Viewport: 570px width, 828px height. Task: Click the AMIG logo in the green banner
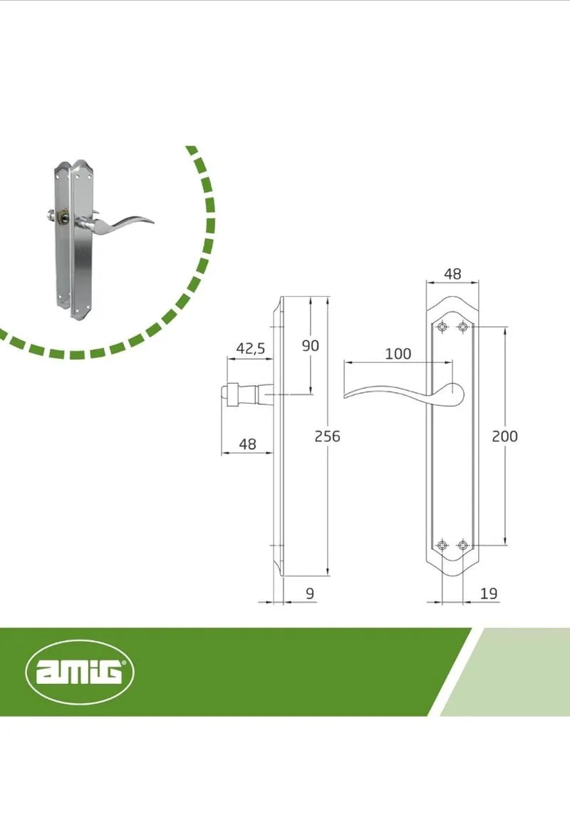(x=80, y=673)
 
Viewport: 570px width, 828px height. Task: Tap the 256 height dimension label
(x=327, y=436)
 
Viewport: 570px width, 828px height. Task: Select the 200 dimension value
(x=504, y=436)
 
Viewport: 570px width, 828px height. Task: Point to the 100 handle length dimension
(x=398, y=354)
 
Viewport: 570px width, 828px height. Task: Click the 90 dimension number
(x=311, y=345)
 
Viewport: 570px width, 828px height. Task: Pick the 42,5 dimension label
(x=251, y=349)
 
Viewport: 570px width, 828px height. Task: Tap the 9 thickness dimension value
(x=310, y=593)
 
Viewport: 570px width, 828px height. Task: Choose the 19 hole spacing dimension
(x=489, y=593)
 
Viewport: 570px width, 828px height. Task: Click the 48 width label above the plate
(x=452, y=274)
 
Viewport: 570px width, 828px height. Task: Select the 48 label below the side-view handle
(x=247, y=444)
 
